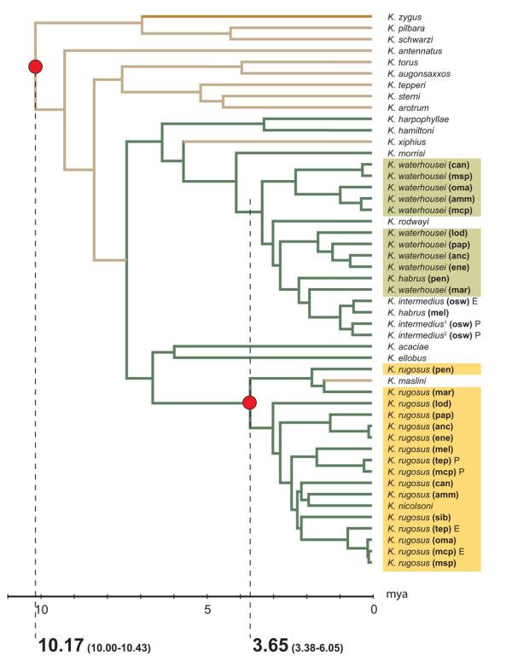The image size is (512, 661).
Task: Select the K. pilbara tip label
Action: (x=403, y=28)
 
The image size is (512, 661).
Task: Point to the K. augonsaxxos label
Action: (x=413, y=73)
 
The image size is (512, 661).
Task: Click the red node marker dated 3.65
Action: (x=249, y=403)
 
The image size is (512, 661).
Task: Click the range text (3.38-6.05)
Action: (x=319, y=645)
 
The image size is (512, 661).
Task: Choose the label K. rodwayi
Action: (x=404, y=220)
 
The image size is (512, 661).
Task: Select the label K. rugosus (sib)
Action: (x=418, y=518)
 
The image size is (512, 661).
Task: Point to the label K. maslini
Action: (x=403, y=380)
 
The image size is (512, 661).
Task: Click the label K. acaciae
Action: (x=403, y=346)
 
